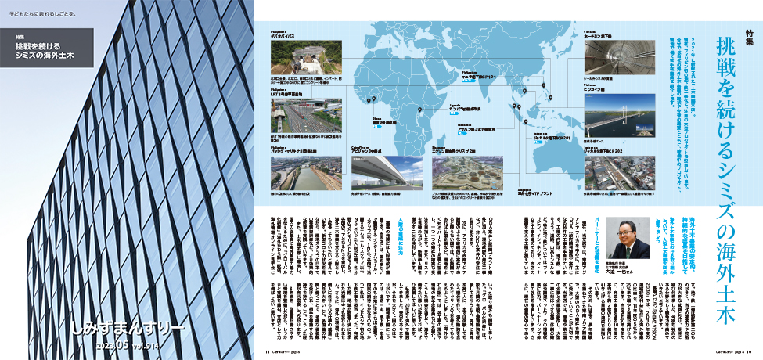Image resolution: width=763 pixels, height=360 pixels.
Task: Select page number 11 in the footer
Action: [268, 352]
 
